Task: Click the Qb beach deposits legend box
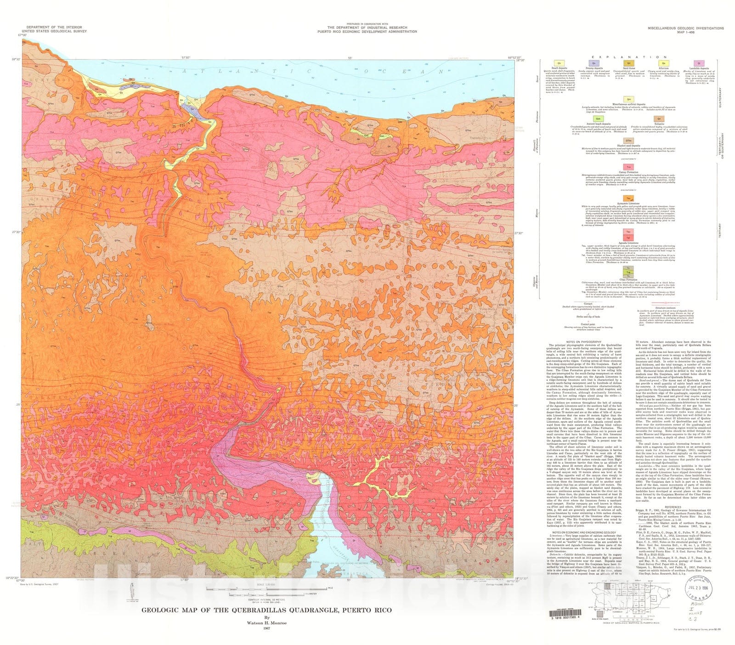[x=559, y=63]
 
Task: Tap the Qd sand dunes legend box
[x=628, y=63]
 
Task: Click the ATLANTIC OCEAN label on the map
[x=312, y=72]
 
